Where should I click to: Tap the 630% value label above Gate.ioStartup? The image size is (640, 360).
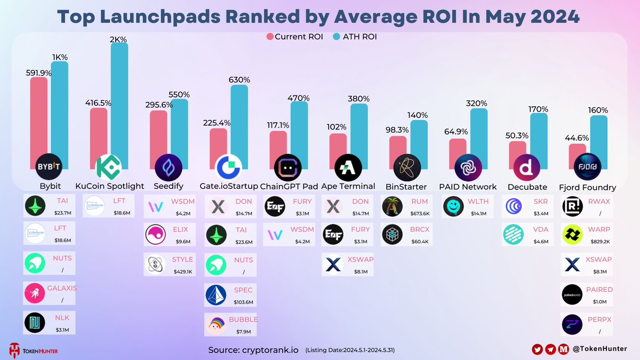[239, 79]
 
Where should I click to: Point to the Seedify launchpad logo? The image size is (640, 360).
[169, 168]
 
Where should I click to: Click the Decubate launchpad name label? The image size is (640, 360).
[527, 187]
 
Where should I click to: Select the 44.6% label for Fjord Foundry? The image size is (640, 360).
[578, 138]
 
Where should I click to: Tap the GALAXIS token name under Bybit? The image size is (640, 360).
[62, 288]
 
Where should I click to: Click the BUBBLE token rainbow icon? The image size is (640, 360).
[218, 325]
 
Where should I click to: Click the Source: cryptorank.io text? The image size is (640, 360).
[253, 350]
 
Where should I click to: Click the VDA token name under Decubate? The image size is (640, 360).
[539, 229]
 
